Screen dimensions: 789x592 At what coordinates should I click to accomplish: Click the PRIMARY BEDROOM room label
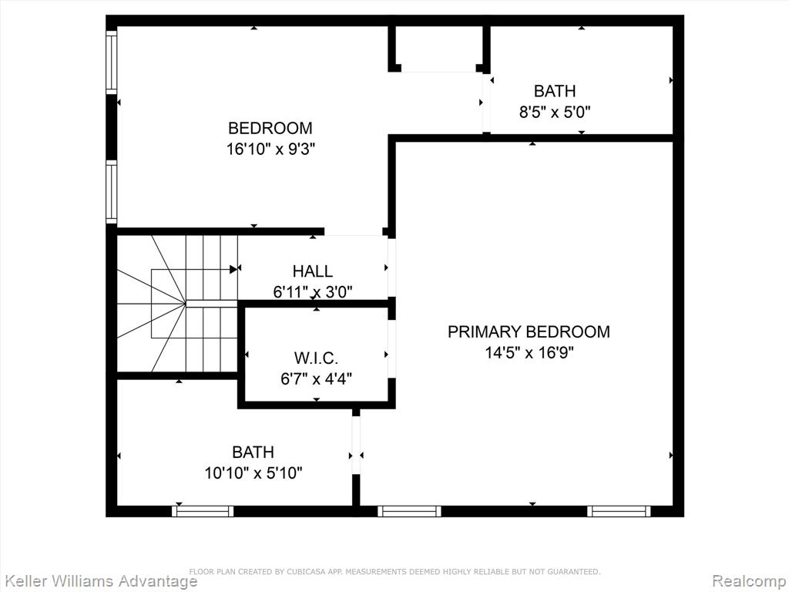tap(529, 331)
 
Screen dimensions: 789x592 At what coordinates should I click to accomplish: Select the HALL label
tap(313, 271)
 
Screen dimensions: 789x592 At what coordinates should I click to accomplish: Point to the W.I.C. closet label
tap(316, 358)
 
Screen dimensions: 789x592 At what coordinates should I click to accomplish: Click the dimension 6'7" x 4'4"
tap(316, 378)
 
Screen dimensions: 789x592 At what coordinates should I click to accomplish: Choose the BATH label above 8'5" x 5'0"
tap(555, 91)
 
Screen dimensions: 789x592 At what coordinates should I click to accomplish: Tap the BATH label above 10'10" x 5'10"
tap(253, 452)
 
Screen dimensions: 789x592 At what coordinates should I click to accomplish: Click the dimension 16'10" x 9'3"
tap(270, 149)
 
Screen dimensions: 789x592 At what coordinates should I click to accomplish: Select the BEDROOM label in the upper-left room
tap(270, 129)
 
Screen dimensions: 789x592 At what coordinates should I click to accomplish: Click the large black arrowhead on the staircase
tap(233, 269)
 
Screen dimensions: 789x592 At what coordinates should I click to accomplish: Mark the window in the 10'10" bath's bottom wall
tap(203, 512)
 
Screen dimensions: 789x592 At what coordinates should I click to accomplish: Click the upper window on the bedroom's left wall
tap(111, 62)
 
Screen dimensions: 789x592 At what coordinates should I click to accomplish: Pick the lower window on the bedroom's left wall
tap(111, 192)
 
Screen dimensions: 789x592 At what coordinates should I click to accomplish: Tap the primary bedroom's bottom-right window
tap(619, 512)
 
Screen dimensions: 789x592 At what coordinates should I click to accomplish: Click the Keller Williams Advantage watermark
tap(99, 581)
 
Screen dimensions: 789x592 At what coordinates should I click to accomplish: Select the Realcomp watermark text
tap(750, 581)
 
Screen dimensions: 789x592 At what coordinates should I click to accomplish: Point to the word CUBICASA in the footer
tap(305, 571)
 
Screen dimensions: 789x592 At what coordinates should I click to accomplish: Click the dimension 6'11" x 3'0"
tap(313, 292)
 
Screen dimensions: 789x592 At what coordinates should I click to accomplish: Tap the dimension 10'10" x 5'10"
tap(253, 473)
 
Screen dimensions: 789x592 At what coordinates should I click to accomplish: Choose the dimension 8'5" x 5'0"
tap(555, 112)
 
